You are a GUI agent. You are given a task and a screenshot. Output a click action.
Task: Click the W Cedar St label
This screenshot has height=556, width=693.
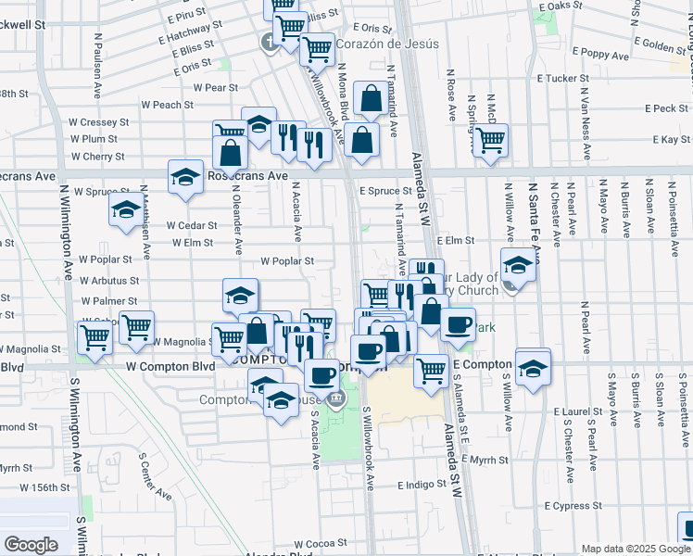point(190,224)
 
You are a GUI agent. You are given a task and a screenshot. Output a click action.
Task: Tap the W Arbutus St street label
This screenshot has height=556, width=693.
point(109,280)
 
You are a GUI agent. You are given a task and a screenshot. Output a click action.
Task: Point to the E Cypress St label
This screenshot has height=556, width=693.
point(573,506)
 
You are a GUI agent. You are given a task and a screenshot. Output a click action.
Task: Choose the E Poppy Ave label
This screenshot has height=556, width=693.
point(601,52)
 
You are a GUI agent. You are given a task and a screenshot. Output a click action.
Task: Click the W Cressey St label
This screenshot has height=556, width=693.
point(98,122)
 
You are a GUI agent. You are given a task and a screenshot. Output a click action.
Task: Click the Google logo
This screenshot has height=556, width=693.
point(31,545)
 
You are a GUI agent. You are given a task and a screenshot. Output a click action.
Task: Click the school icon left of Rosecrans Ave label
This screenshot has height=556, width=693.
point(185,175)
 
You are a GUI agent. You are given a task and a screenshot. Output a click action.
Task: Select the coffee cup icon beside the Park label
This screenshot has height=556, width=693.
point(457,323)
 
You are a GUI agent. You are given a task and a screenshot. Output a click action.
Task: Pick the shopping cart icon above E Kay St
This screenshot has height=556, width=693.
point(491,140)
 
